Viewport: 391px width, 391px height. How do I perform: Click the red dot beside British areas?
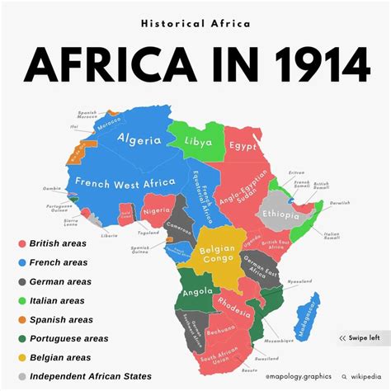[x=20, y=243]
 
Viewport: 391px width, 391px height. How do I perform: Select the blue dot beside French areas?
[x=20, y=262]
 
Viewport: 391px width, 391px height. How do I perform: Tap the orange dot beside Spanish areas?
[x=20, y=319]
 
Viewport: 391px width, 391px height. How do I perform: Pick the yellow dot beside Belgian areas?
[x=20, y=357]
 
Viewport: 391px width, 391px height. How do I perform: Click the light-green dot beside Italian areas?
[x=20, y=300]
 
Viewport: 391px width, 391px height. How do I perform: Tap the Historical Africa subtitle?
[x=195, y=23]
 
